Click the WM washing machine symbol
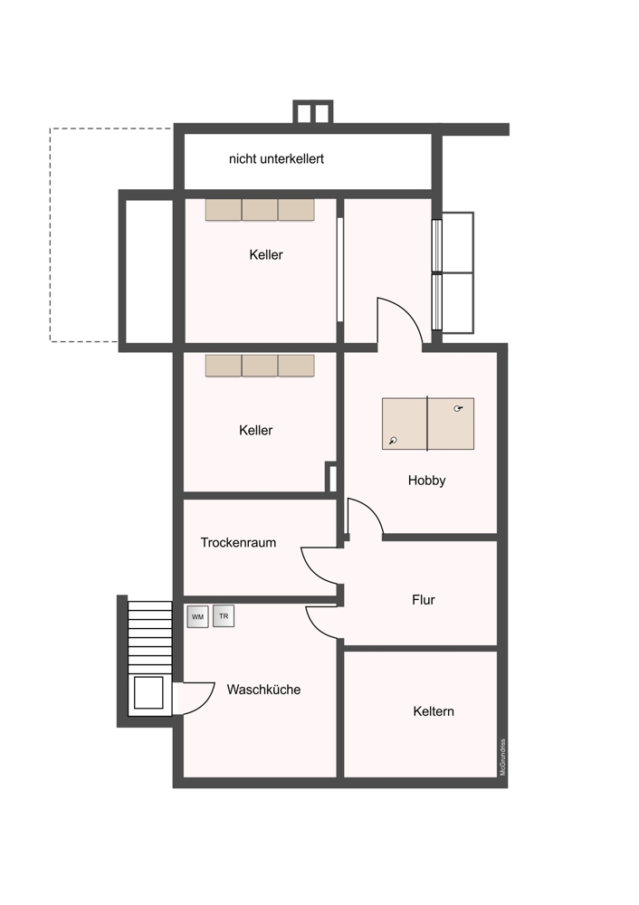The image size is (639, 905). [x=197, y=616]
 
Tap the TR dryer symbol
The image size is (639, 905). [x=224, y=615]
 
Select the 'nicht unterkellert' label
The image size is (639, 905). [x=276, y=158]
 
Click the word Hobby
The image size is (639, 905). [x=426, y=481]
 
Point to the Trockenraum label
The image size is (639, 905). [x=238, y=542]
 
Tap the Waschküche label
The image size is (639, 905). [x=263, y=689]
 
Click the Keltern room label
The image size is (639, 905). [x=434, y=711]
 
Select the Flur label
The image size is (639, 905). [x=423, y=600]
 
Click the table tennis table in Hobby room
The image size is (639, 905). [x=428, y=424]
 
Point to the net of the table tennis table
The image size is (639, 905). [x=427, y=424]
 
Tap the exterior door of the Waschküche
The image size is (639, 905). [x=200, y=700]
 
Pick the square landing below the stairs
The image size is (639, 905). [x=148, y=692]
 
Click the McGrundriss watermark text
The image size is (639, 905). [x=502, y=757]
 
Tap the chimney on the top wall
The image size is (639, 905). [x=313, y=112]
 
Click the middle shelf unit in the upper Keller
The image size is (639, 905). [x=260, y=210]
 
